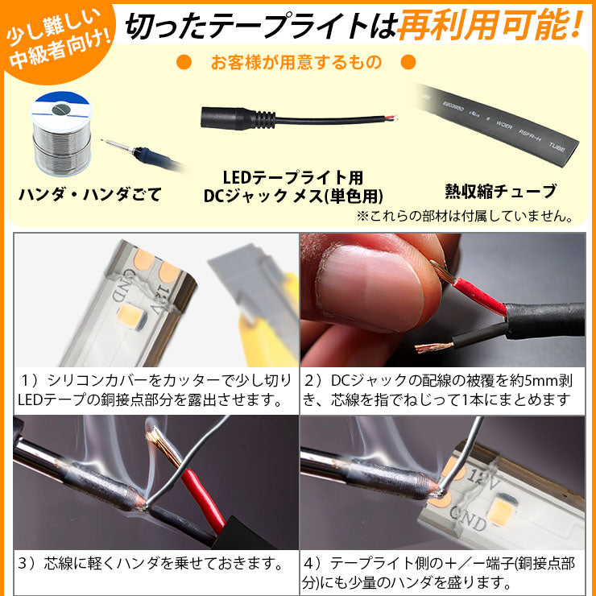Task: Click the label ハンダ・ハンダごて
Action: [x=90, y=195]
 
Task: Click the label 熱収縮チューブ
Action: [x=501, y=191]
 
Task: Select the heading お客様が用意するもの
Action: [x=296, y=62]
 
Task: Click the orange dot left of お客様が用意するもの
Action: [x=184, y=62]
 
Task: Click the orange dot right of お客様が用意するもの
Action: [x=408, y=62]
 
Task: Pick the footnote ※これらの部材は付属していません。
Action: [x=465, y=217]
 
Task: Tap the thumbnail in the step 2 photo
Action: [x=370, y=288]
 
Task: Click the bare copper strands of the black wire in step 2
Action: [x=433, y=346]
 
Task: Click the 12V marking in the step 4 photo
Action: [x=482, y=481]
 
